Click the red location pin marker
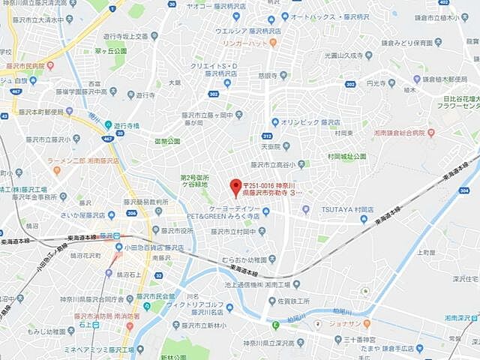pos(235,187)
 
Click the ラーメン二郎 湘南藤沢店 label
pos(83,160)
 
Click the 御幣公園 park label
pos(167,140)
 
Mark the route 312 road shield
pos(267,136)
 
